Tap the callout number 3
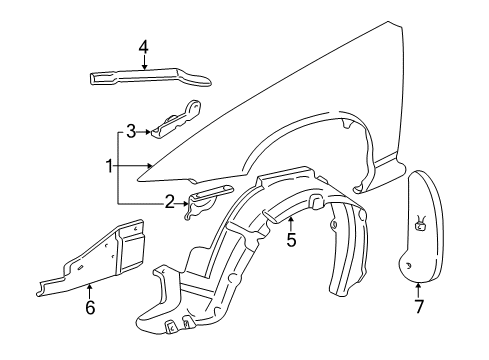tap(130, 129)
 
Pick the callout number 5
tap(291, 240)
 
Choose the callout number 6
tap(89, 307)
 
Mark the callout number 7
tap(419, 307)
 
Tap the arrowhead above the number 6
tap(89, 285)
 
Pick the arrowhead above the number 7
tap(418, 285)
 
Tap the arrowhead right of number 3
tap(151, 130)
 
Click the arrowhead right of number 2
tap(187, 202)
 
